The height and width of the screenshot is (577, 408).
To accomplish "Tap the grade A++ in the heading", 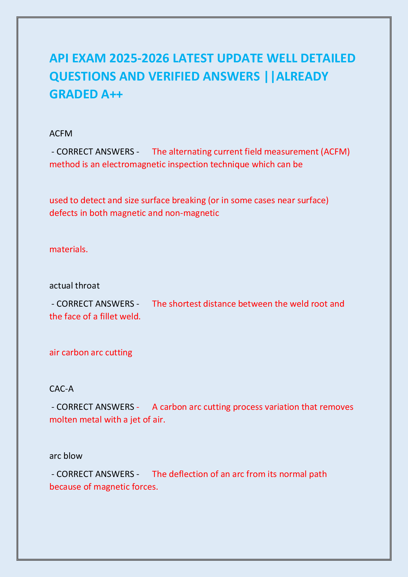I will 112,94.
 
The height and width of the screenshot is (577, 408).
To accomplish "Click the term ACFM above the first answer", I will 61,133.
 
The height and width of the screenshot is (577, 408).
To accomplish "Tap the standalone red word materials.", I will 69,249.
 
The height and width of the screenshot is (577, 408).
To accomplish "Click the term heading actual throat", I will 74,285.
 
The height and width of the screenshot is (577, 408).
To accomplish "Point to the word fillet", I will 112,316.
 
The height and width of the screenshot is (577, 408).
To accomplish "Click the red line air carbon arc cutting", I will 91,352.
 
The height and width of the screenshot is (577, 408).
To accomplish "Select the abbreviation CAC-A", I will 61,389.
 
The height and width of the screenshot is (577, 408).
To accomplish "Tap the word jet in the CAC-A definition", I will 136,419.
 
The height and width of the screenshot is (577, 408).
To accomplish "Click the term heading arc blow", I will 66,456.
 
